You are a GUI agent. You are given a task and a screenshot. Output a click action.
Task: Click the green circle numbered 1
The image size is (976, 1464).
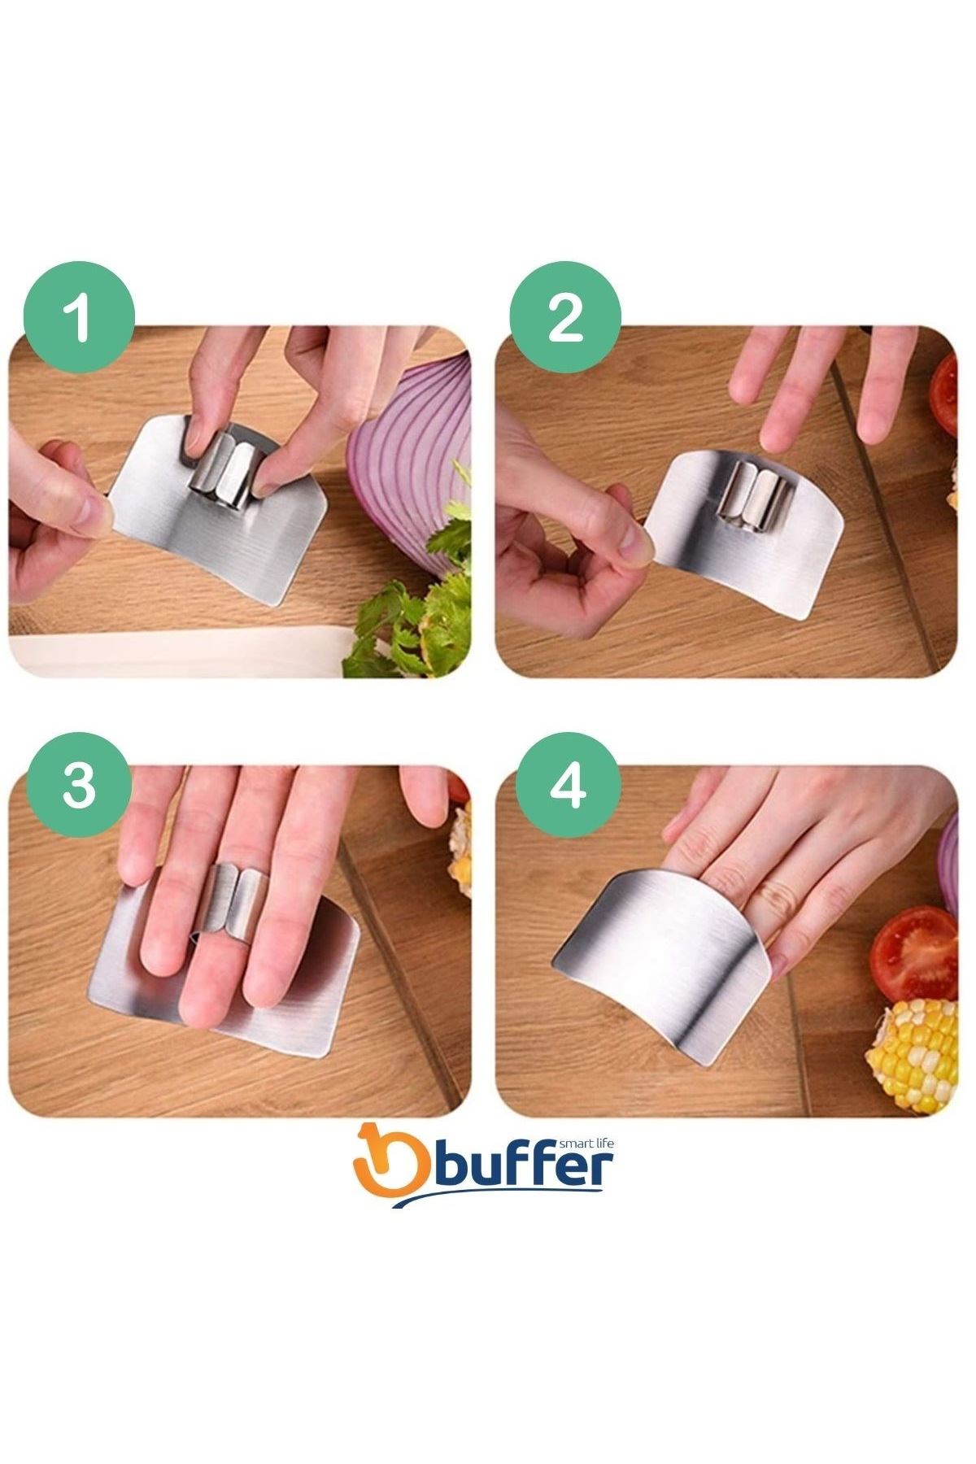pos(79,317)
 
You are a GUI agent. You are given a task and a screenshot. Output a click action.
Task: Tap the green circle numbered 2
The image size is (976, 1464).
pos(565,317)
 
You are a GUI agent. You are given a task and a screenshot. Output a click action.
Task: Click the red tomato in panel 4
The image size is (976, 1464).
pos(913,955)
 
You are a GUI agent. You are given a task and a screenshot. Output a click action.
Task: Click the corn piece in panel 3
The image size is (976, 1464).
pos(460,849)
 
